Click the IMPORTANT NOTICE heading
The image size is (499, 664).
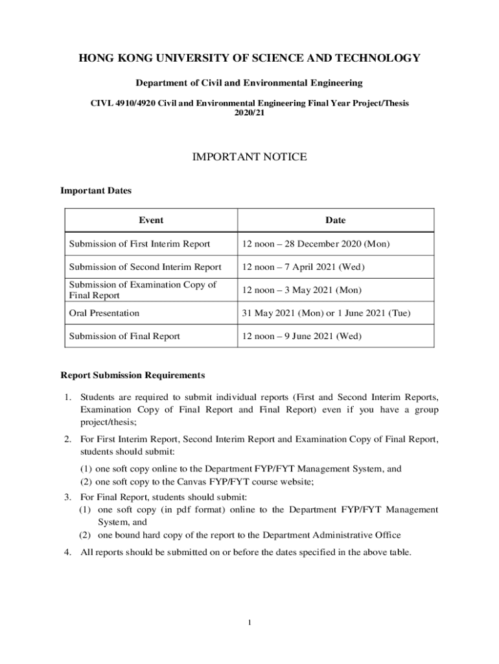pyautogui.click(x=250, y=157)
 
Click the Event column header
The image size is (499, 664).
pyautogui.click(x=151, y=220)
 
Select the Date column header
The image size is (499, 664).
pyautogui.click(x=335, y=220)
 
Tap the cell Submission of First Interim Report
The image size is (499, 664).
pyautogui.click(x=139, y=244)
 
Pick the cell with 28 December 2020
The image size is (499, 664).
pyautogui.click(x=316, y=244)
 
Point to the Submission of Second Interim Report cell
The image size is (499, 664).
pyautogui.click(x=145, y=267)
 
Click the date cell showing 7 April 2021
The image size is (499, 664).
pyautogui.click(x=303, y=267)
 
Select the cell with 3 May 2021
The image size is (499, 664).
pyautogui.click(x=301, y=290)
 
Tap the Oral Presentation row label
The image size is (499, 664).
pyautogui.click(x=104, y=313)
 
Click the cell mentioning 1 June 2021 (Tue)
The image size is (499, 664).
pyautogui.click(x=326, y=313)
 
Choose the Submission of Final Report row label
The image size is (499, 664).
pyautogui.click(x=124, y=336)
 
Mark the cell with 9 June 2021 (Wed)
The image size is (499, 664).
pyautogui.click(x=302, y=336)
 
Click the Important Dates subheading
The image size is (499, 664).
pyautogui.click(x=96, y=191)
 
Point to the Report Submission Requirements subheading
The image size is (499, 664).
pyautogui.click(x=133, y=375)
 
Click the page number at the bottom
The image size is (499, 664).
pyautogui.click(x=250, y=623)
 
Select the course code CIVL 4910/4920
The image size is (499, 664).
pyautogui.click(x=124, y=103)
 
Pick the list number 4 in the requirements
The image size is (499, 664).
pyautogui.click(x=67, y=552)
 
